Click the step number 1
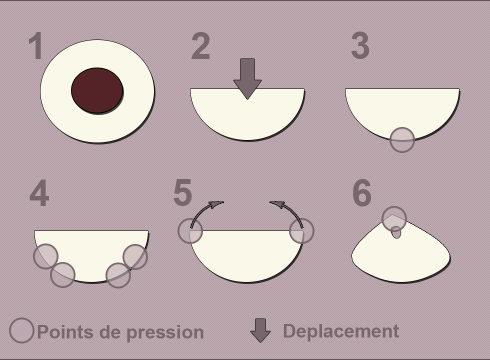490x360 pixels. tap(35, 45)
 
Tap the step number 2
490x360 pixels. tap(200, 46)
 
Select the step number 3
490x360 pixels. tap(360, 45)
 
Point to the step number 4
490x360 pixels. tap(39, 193)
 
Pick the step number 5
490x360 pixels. tap(182, 192)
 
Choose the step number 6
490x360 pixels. tap(362, 193)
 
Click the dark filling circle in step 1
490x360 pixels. tap(97, 90)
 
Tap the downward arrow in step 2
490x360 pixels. tap(247, 79)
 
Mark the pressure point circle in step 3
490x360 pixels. tap(402, 139)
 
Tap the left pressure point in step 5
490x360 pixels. tap(190, 231)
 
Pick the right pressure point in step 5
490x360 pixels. tap(301, 231)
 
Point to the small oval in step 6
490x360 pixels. tap(396, 232)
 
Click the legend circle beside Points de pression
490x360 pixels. tap(21, 330)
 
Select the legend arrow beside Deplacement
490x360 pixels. tap(260, 330)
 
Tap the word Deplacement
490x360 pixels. tap(341, 331)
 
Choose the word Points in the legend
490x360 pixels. tap(65, 331)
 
